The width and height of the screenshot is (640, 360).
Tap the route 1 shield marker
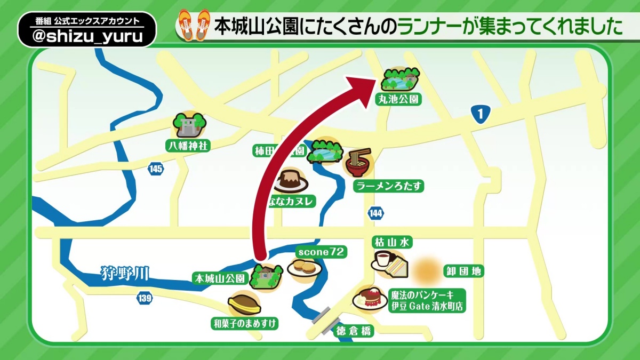coord(481,114)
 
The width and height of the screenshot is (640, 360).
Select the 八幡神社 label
coord(187,144)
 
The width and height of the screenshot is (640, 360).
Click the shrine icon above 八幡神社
coord(189,125)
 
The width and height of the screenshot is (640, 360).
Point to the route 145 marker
coord(156,169)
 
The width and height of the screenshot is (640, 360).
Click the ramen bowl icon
coord(358,163)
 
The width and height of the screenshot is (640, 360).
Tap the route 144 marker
coord(375,213)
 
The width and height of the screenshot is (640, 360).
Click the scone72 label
coord(322,251)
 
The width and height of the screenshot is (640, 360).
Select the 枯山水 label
coord(392,243)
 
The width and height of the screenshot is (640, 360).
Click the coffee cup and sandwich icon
coord(390,263)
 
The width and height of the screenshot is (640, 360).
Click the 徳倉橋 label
coord(354,331)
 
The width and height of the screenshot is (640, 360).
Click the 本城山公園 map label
coord(220,278)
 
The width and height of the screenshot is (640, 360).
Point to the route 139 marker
coord(144,299)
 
